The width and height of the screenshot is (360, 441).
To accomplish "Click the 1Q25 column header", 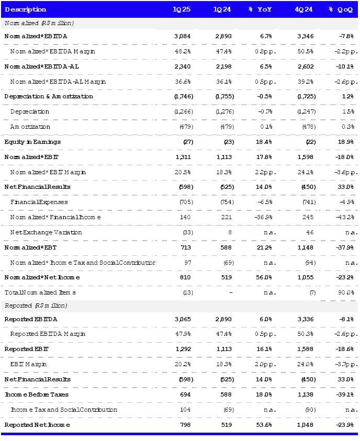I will coord(182,9).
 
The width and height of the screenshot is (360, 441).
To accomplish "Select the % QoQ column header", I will coord(341,9).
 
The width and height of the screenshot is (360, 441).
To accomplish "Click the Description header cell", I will coord(26,9).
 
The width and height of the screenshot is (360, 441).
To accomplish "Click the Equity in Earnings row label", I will coord(32,142).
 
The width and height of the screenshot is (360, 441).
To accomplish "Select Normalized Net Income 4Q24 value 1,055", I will coord(306,277).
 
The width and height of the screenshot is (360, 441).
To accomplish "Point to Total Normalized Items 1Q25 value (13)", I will coord(187,292).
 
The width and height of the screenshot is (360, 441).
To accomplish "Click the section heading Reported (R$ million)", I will coord(36,305).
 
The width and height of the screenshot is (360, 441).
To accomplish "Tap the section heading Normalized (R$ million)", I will coord(39,23).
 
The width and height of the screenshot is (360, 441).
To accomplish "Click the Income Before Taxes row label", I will coord(36,394).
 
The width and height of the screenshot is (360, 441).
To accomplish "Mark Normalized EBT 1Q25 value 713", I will coord(186,247).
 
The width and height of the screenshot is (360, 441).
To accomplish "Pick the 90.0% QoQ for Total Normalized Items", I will coord(346,292).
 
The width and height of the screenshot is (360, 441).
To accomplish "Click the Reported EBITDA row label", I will coord(31,319).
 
